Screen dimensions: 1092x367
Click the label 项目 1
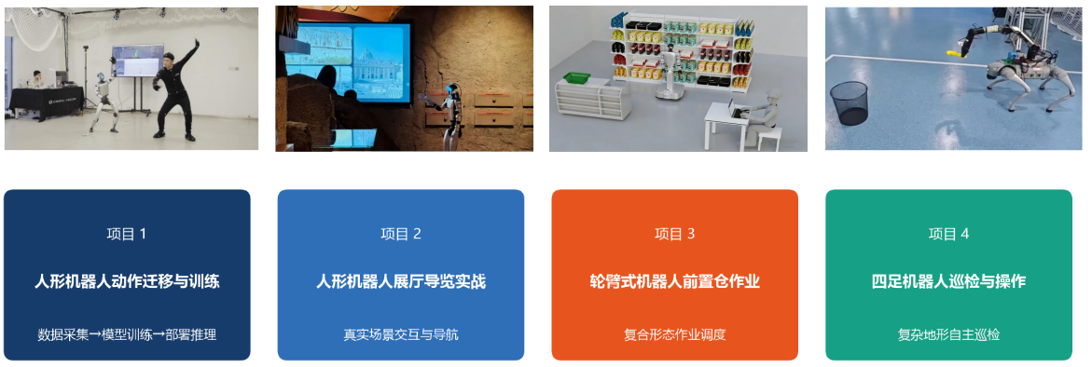pos(127,234)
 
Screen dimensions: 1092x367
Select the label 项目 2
pos(401,234)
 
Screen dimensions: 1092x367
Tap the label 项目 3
pos(675,234)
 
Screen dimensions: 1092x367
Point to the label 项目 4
pos(948,234)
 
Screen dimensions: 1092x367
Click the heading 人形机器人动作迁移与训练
pos(127,281)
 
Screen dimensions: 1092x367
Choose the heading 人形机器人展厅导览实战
pos(401,281)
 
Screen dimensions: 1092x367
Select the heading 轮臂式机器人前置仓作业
pos(675,281)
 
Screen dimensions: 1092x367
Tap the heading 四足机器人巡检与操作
pos(948,281)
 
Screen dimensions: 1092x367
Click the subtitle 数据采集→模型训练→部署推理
pos(127,334)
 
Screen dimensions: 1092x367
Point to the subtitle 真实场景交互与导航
pos(401,334)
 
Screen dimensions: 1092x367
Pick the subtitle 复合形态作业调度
pos(675,334)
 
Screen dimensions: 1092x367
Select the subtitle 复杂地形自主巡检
pos(948,334)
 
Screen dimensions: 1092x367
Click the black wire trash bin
pos(849,102)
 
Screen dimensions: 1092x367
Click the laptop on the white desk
pos(735,109)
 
